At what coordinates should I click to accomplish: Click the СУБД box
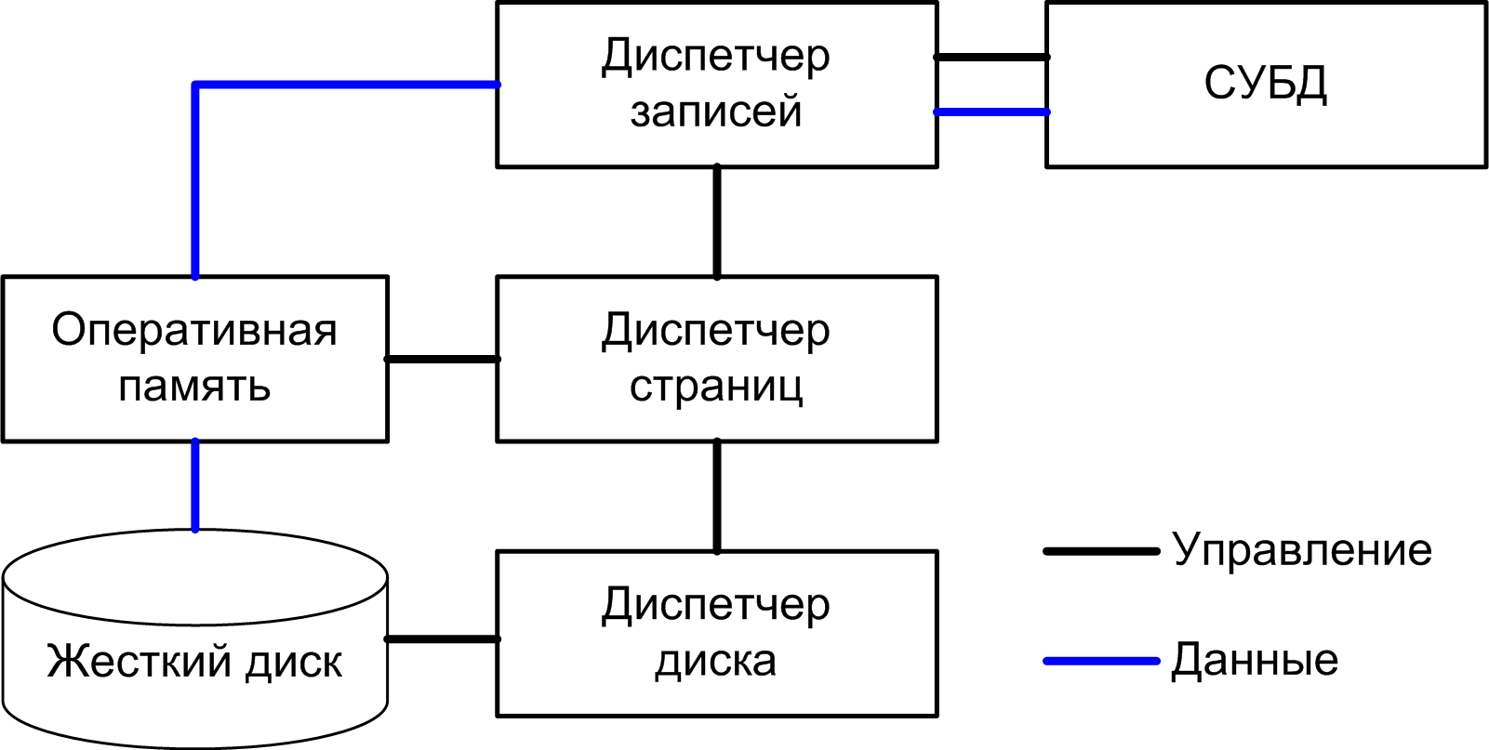[1266, 85]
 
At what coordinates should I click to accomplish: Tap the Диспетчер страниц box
[716, 359]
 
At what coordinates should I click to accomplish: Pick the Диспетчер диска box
[716, 634]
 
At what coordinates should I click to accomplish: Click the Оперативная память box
[194, 359]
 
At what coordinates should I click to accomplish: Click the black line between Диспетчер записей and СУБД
[991, 58]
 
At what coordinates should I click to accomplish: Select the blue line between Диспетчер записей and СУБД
[991, 112]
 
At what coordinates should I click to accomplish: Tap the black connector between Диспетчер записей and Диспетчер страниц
[717, 221]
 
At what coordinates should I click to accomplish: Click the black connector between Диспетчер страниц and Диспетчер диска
[717, 496]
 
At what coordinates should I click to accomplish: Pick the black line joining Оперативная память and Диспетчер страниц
[442, 359]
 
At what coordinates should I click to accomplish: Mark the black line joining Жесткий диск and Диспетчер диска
[442, 639]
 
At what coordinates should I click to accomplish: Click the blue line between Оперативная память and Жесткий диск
[195, 485]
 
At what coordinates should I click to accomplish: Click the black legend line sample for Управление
[1101, 551]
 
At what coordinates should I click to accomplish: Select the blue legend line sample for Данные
[1101, 662]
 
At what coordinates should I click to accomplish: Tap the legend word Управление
[1302, 550]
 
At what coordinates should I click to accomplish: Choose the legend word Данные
[1255, 661]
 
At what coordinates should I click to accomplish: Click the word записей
[716, 112]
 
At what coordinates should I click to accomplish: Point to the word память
[194, 387]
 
